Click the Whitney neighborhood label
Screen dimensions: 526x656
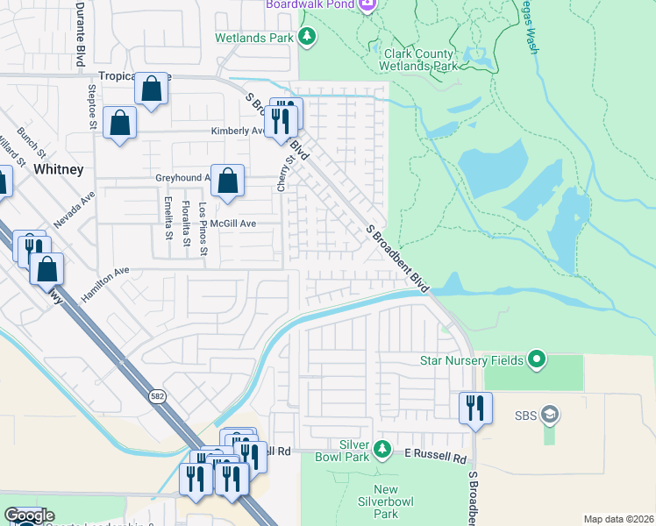59,169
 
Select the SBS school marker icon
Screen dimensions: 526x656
550,414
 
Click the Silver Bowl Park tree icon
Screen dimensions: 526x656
382,450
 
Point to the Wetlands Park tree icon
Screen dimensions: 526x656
307,37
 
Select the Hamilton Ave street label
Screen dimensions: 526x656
105,281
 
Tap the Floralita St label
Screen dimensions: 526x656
186,220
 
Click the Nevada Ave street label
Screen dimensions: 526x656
74,211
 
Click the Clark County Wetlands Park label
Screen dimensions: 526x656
419,60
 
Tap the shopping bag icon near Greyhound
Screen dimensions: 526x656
227,181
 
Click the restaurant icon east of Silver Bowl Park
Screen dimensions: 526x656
475,408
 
